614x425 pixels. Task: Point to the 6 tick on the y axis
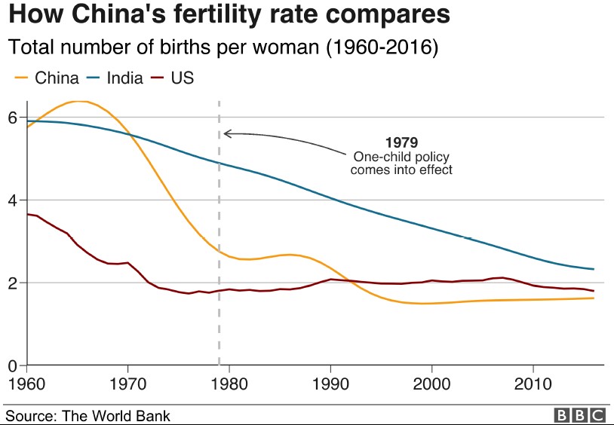click(13, 118)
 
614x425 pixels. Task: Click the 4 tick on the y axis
click(13, 200)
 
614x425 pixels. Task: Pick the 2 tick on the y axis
click(13, 283)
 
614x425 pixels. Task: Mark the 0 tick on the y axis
click(13, 366)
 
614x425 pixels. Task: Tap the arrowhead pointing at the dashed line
click(226, 134)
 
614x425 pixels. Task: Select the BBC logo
click(579, 414)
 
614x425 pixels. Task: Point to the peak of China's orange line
click(78, 101)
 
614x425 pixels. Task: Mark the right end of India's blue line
click(594, 269)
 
